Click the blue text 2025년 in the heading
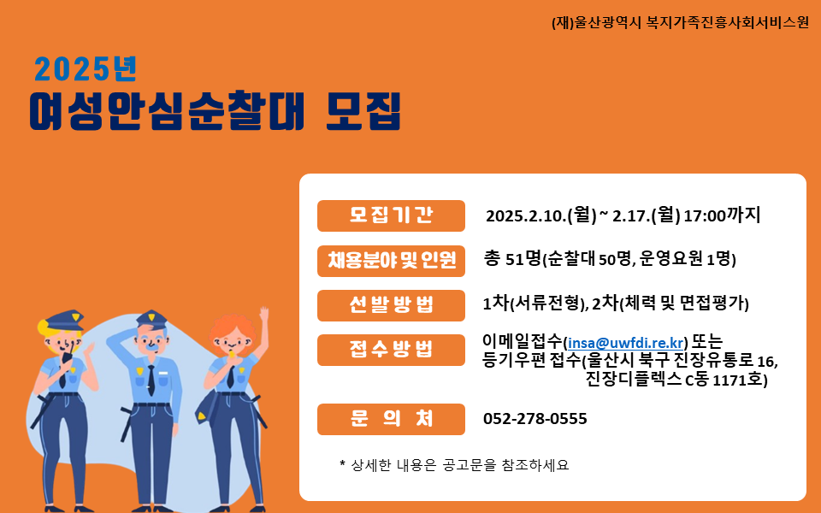pos(86,69)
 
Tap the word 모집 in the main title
pos(363,111)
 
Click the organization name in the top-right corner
pos(680,22)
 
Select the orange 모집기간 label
pos(391,215)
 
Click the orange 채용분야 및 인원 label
pos(391,261)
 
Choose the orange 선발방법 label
pos(391,305)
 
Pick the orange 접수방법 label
pos(391,350)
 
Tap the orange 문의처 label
pos(391,419)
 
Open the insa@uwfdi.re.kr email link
pos(626,343)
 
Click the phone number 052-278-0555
pos(535,419)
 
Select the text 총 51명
pos(512,258)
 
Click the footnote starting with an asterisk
pos(454,465)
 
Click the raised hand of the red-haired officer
pos(264,315)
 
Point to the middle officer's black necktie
pos(151,380)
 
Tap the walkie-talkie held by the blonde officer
pos(68,356)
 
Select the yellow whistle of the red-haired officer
pos(231,354)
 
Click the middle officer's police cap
pos(152,319)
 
